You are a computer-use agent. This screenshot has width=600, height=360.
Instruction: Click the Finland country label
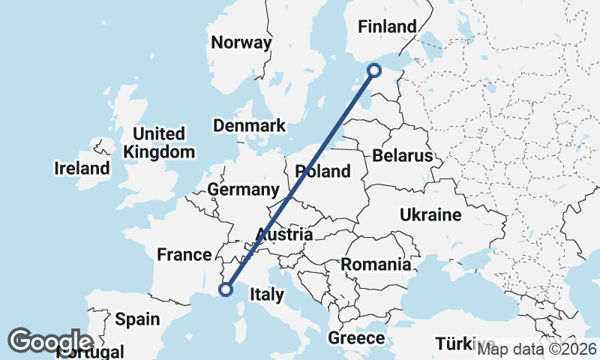tap(387, 27)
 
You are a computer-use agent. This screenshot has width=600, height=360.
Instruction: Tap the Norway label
tap(241, 43)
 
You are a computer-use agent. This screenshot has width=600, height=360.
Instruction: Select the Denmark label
tap(250, 125)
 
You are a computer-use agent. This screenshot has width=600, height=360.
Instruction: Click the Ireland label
tap(82, 168)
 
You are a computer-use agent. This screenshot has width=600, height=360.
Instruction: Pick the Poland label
tap(323, 171)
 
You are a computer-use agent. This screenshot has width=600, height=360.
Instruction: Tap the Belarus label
tap(403, 156)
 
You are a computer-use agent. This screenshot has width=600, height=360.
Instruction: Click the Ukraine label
tap(430, 215)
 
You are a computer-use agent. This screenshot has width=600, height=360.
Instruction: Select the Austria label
tap(283, 234)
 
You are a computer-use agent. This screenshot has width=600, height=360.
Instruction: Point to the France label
tap(184, 255)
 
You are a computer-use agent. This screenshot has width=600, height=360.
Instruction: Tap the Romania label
tap(376, 264)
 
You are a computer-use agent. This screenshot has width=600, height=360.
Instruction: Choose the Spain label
tap(137, 319)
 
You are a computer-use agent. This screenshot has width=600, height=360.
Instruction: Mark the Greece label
tap(356, 338)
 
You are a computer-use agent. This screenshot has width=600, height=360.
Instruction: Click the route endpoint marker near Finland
tap(375, 70)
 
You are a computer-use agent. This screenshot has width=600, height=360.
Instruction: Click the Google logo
tap(50, 341)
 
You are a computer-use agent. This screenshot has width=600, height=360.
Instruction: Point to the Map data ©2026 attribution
tap(537, 349)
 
